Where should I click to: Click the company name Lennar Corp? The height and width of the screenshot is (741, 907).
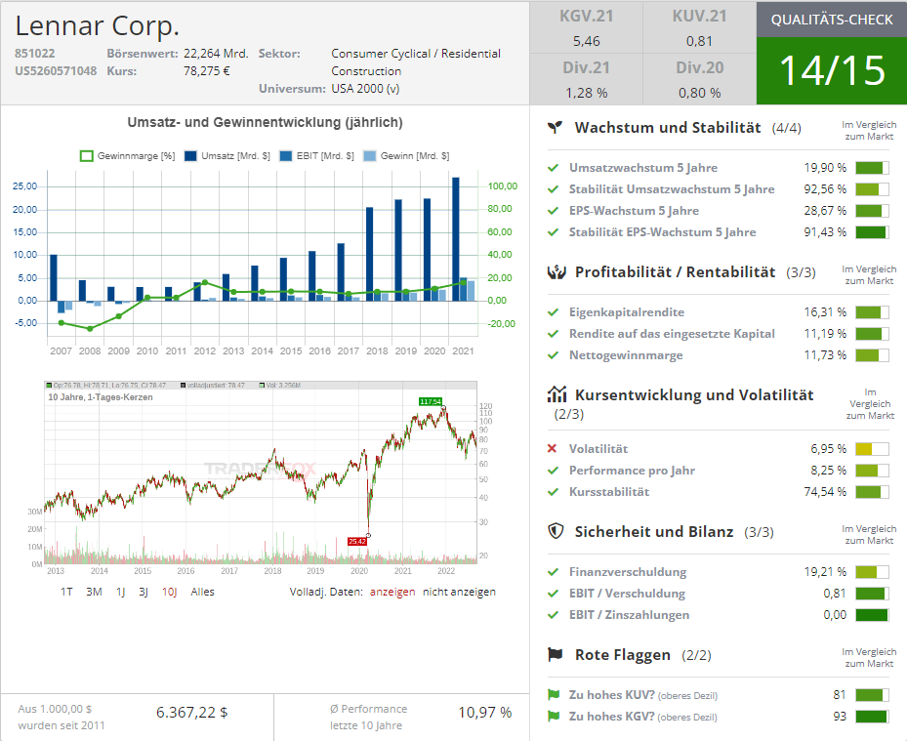click(98, 26)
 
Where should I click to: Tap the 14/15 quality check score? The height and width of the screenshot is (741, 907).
click(831, 70)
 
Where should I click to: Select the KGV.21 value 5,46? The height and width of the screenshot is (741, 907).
click(587, 41)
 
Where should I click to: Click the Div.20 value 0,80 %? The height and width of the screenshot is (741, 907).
click(698, 93)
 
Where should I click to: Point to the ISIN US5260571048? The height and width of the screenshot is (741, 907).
click(56, 70)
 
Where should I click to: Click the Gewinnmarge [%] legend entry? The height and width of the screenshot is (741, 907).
click(127, 156)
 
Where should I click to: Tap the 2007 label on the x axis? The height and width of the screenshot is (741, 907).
click(61, 350)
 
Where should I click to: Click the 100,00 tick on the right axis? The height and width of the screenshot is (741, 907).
click(502, 186)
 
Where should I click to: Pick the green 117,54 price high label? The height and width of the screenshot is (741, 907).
click(430, 401)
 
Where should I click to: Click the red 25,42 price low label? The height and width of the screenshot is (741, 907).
click(356, 541)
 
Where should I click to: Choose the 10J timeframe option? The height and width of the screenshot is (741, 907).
click(169, 592)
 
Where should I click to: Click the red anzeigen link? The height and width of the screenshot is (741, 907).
click(392, 592)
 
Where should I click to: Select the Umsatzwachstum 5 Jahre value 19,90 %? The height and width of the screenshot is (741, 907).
click(825, 168)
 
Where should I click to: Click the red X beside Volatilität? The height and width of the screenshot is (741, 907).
click(553, 449)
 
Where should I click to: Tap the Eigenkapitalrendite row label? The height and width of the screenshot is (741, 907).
click(626, 312)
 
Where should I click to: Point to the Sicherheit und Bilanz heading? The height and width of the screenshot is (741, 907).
click(653, 532)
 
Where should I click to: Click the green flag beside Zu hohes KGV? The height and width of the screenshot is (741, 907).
click(554, 717)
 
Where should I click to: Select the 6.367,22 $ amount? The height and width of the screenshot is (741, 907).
click(191, 712)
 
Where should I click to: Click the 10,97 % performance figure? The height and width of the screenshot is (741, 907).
click(484, 712)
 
